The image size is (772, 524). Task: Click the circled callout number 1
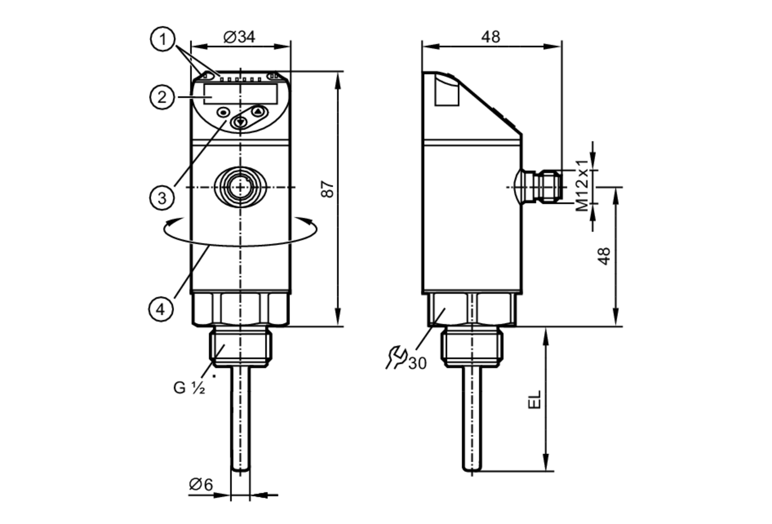pyautogui.click(x=163, y=39)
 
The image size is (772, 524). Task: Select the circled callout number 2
pyautogui.click(x=162, y=97)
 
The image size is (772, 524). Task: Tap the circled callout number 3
pyautogui.click(x=162, y=198)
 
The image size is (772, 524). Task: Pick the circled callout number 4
pyautogui.click(x=161, y=309)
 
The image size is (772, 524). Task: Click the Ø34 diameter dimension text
pyautogui.click(x=239, y=37)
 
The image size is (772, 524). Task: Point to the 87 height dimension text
pyautogui.click(x=327, y=189)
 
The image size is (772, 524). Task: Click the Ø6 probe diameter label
pyautogui.click(x=201, y=484)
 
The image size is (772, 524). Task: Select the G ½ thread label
pyautogui.click(x=189, y=388)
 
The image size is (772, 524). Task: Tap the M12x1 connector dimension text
pyautogui.click(x=582, y=186)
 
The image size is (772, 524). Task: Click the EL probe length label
pyautogui.click(x=535, y=400)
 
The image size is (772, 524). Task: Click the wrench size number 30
pyautogui.click(x=417, y=363)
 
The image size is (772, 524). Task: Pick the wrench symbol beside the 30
pyautogui.click(x=396, y=357)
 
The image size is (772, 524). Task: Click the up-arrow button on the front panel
pyautogui.click(x=258, y=112)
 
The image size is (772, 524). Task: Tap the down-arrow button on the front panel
pyautogui.click(x=240, y=122)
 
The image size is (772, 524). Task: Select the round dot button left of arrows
pyautogui.click(x=223, y=112)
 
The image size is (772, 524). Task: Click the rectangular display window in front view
pyautogui.click(x=240, y=94)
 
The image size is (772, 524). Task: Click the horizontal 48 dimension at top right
pyautogui.click(x=491, y=37)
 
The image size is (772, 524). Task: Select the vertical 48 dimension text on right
pyautogui.click(x=604, y=256)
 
